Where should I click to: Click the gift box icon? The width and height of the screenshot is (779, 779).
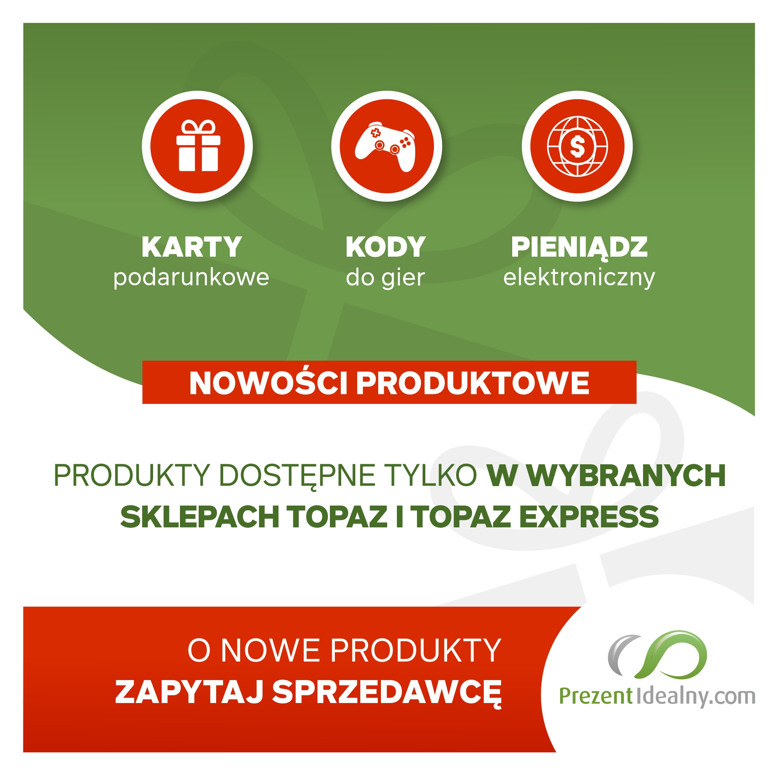(198, 146)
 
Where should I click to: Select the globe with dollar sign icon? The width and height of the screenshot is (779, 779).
(577, 146)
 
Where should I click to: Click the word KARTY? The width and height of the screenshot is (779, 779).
(192, 247)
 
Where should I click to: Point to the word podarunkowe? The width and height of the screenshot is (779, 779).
(191, 278)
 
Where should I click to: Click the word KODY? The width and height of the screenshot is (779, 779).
(386, 247)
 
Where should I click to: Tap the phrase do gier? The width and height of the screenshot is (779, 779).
(386, 278)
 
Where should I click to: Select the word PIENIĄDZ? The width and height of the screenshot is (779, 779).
(580, 247)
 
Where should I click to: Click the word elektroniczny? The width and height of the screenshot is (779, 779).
(579, 278)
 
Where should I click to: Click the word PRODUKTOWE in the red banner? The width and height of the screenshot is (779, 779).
(472, 383)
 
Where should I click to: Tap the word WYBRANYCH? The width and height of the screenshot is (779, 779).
(627, 476)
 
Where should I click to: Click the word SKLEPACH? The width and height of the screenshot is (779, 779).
(199, 517)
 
